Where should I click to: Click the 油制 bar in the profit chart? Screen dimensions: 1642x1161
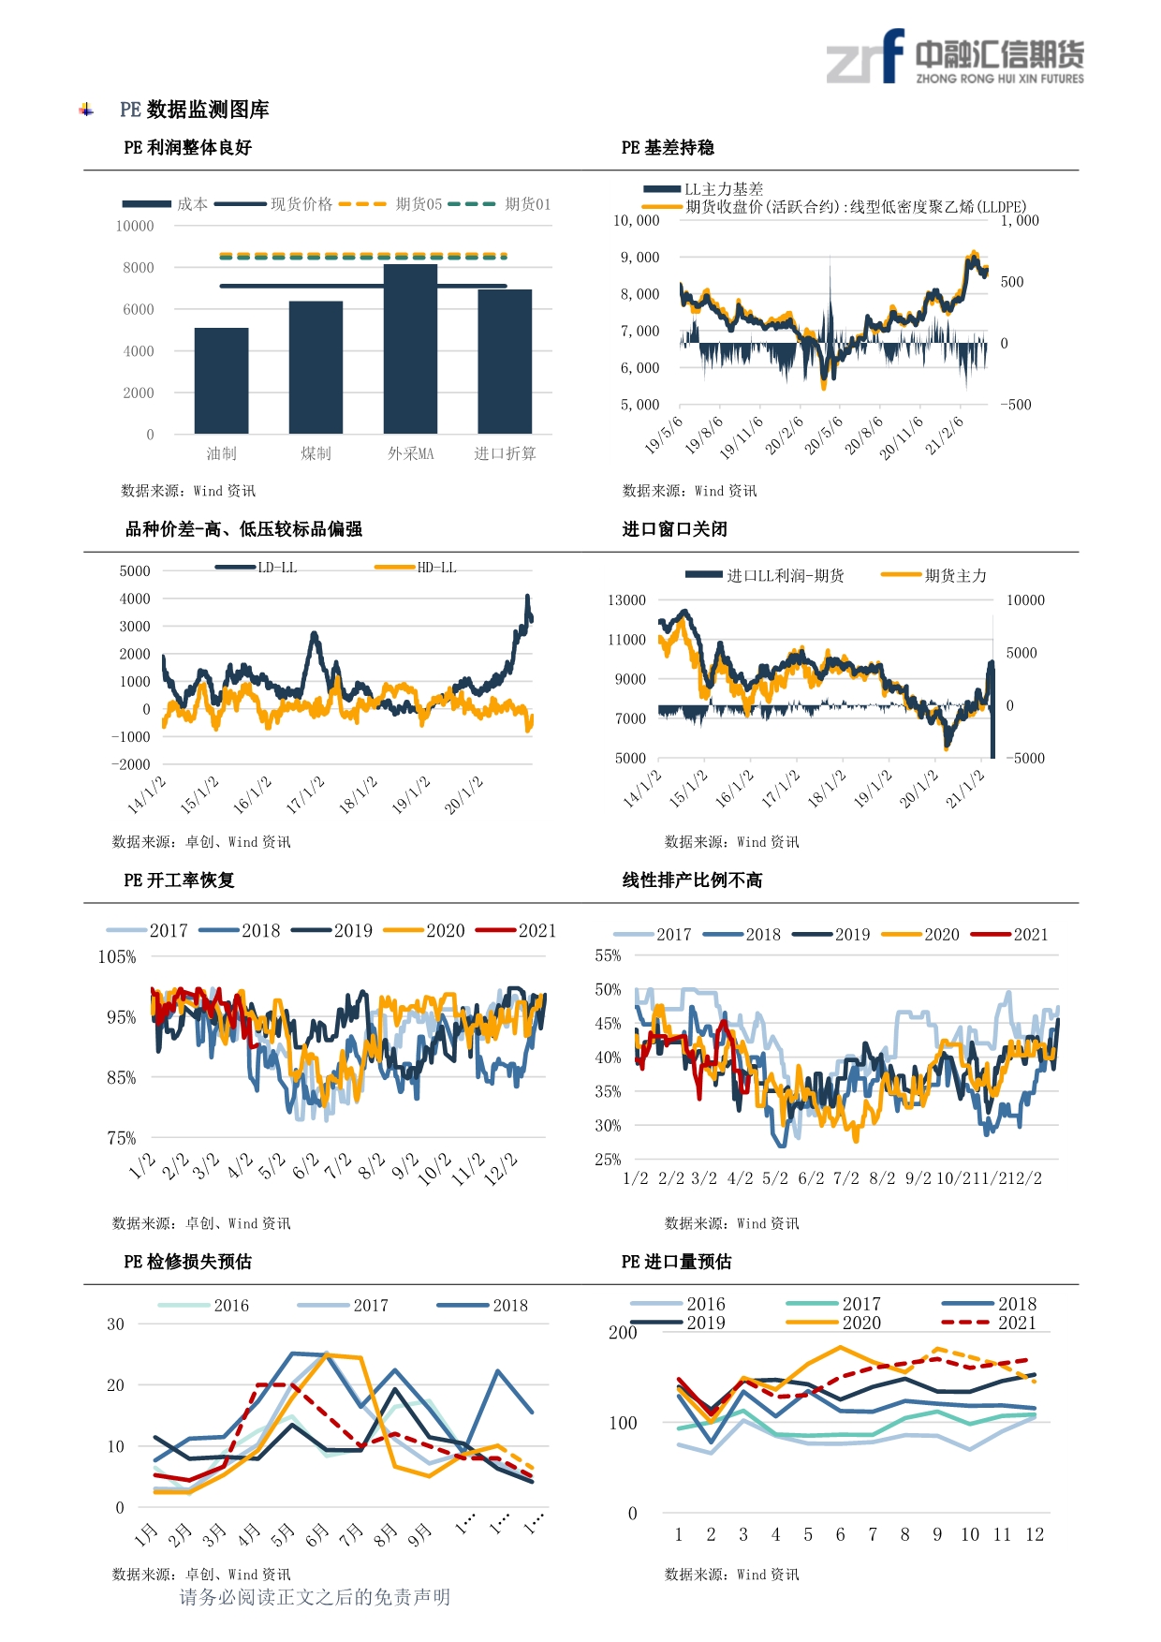pyautogui.click(x=222, y=380)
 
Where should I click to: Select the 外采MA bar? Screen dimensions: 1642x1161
pyautogui.click(x=410, y=348)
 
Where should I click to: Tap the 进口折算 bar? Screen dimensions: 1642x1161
pyautogui.click(x=505, y=362)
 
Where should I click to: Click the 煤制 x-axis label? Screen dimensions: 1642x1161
pyautogui.click(x=316, y=454)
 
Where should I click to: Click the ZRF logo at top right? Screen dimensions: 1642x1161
pyautogui.click(x=955, y=59)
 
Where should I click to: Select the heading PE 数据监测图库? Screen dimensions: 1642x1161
pyautogui.click(x=194, y=110)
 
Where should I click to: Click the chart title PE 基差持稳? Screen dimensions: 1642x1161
pyautogui.click(x=668, y=148)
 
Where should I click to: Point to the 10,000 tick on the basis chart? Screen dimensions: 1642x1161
pyautogui.click(x=636, y=221)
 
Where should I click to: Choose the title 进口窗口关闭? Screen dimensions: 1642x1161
pyautogui.click(x=674, y=529)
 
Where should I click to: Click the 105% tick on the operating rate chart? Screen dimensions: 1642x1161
pyautogui.click(x=117, y=957)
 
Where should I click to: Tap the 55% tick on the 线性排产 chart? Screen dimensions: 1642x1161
pyautogui.click(x=608, y=956)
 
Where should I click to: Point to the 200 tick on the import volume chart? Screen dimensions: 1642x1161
pyautogui.click(x=623, y=1333)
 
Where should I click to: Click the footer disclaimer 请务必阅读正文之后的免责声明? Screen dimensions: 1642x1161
pyautogui.click(x=315, y=1597)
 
